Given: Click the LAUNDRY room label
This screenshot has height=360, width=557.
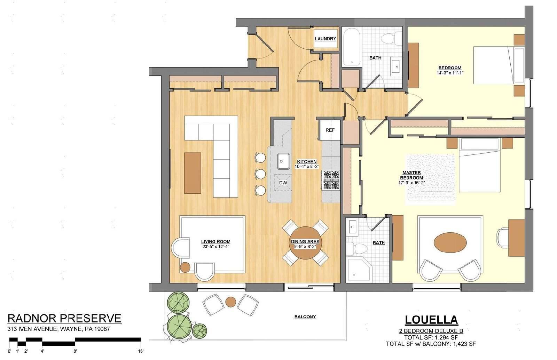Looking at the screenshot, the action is point(325,39).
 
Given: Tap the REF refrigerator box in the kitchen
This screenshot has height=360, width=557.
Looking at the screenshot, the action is point(330,130).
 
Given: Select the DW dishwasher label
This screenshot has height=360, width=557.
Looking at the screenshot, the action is point(283,183).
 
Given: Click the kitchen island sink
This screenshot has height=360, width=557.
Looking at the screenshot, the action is point(284,161).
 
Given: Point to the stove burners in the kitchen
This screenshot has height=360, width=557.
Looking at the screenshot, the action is point(331,180).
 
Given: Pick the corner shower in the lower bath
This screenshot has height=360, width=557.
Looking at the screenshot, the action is point(359,270).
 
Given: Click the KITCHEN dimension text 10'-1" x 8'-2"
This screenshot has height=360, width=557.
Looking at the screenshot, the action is point(307,167).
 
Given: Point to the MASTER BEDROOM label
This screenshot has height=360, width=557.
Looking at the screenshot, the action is point(411,175).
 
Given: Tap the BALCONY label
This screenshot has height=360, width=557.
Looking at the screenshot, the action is point(305,317).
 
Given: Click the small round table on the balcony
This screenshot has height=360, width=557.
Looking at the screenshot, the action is point(230,302).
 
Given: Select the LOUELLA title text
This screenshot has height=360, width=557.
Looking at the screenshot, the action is point(431,320).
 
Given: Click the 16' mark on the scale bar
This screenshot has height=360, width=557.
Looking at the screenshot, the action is point(141,351).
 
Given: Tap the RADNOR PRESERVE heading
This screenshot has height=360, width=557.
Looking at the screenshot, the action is point(64,319).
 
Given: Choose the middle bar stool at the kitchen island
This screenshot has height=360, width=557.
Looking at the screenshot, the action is point(260,174).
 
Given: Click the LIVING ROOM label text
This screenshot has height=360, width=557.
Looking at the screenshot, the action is point(215,241).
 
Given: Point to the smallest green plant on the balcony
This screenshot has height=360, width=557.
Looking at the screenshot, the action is point(200,331).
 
